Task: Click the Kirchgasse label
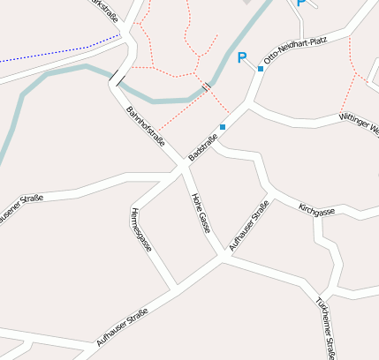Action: (316, 211)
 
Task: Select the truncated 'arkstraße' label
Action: (104, 8)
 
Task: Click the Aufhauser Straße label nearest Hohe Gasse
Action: (249, 226)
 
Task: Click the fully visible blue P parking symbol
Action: (242, 58)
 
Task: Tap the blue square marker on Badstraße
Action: (223, 127)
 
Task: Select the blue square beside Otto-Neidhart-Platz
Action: (261, 68)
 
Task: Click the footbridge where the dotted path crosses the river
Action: (206, 86)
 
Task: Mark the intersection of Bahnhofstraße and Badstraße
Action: (183, 165)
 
